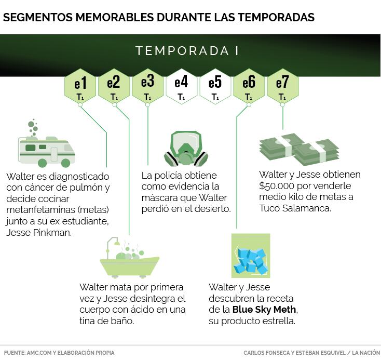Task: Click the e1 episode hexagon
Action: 80,86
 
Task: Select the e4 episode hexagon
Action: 181,86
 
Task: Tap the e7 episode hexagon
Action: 282,86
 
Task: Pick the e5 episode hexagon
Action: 215,86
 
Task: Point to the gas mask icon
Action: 186,149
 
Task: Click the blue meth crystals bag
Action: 251,256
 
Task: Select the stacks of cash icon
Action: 299,149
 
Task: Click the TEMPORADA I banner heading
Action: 187,51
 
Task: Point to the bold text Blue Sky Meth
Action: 264,310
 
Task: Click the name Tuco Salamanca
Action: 295,208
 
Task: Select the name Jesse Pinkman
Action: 39,233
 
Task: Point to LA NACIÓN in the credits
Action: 366,353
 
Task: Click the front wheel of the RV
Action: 65,163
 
